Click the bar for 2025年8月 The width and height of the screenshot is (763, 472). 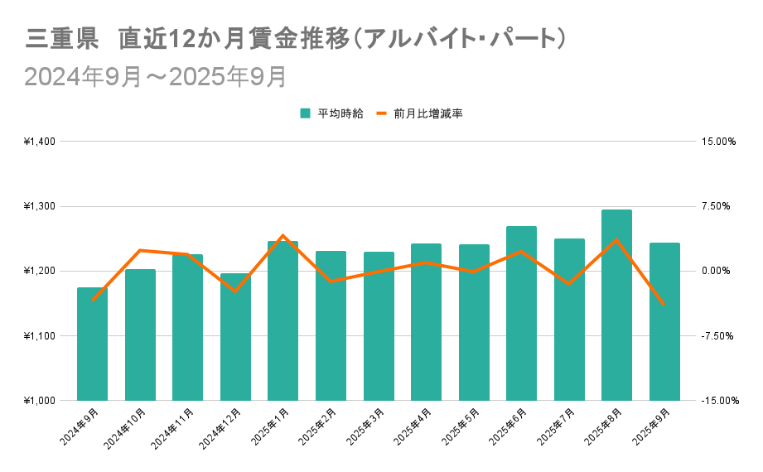click(x=616, y=306)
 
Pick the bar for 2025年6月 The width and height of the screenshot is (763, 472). click(x=521, y=315)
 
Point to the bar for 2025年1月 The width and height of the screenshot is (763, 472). click(x=283, y=323)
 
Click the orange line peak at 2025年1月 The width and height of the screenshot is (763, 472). click(x=283, y=236)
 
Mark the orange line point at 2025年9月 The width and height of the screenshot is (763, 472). click(x=664, y=304)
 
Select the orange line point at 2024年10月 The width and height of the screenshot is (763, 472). click(x=140, y=250)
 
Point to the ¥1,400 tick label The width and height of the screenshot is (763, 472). click(x=39, y=142)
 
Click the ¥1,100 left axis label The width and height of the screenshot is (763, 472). click(x=39, y=336)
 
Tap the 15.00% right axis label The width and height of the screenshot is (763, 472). click(x=718, y=142)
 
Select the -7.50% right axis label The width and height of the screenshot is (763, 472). click(x=718, y=336)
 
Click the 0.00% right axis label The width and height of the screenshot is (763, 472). click(x=718, y=271)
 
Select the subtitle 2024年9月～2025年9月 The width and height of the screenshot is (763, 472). click(x=156, y=76)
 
